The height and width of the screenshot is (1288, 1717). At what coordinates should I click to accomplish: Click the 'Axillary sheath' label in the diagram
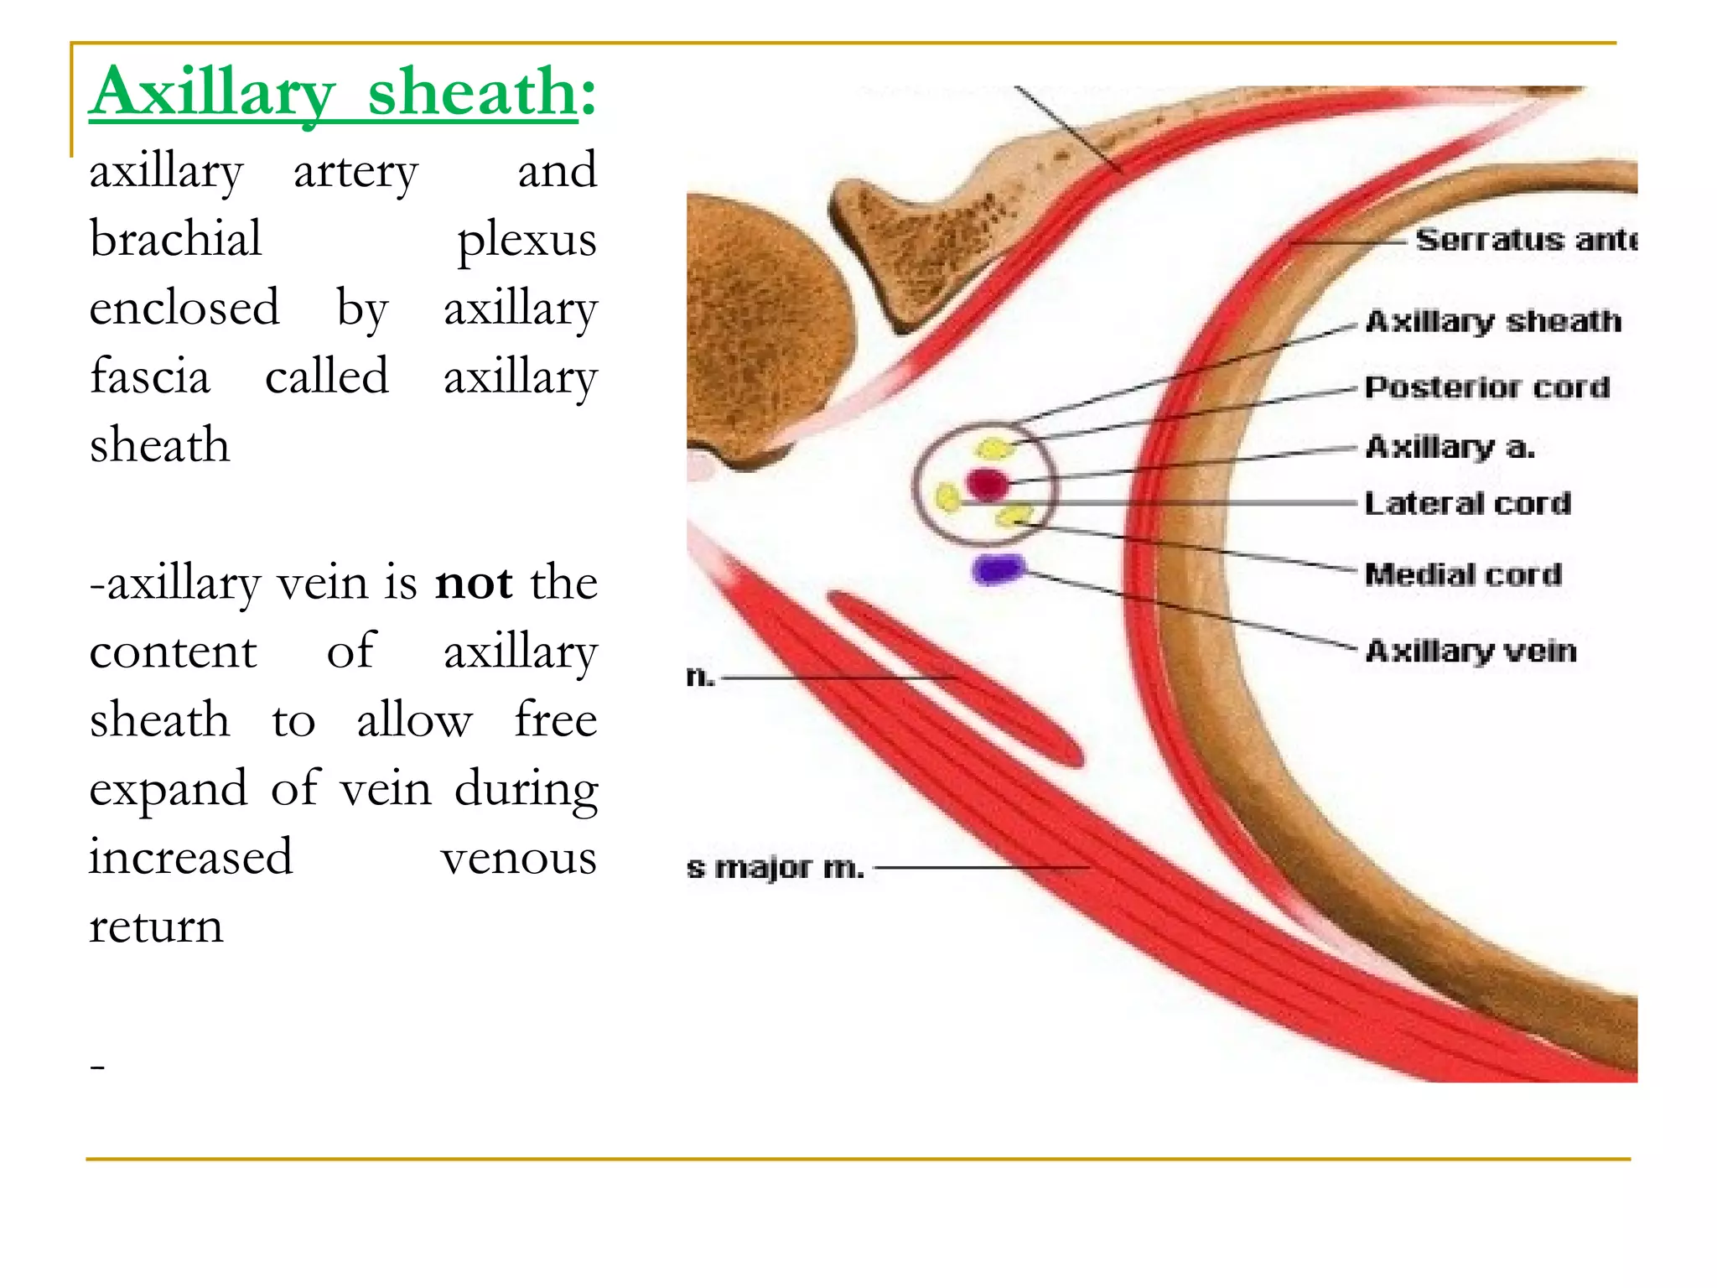[x=1493, y=321]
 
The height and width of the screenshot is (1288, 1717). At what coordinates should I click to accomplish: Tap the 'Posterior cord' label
[x=1487, y=387]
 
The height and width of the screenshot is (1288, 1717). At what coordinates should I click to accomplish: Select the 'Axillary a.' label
[x=1450, y=447]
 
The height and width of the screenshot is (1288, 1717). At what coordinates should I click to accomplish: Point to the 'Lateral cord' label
[x=1467, y=503]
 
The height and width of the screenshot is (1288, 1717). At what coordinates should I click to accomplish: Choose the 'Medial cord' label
[x=1463, y=574]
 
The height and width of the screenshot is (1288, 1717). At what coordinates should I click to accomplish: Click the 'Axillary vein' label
[x=1471, y=651]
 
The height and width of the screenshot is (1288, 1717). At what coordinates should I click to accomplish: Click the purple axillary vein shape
[x=998, y=569]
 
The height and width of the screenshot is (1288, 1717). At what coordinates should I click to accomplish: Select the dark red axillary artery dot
[x=987, y=484]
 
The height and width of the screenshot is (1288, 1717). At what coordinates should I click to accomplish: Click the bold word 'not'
[x=474, y=583]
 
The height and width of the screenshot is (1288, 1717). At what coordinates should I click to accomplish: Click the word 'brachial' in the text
[x=176, y=239]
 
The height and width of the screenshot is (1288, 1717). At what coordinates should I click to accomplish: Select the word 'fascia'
[x=150, y=377]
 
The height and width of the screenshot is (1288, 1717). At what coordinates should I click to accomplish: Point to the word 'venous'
[x=519, y=858]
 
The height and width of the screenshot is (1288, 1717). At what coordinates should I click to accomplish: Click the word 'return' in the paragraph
[x=157, y=927]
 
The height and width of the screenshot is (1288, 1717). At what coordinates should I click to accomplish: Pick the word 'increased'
[x=191, y=857]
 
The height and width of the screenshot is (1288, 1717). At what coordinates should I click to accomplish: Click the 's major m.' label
[x=775, y=867]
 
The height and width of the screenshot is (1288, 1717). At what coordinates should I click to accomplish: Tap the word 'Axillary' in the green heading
[x=214, y=92]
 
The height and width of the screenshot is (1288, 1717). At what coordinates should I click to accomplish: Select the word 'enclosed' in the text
[x=184, y=308]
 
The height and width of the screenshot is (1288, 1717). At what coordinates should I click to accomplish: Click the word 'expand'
[x=169, y=789]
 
